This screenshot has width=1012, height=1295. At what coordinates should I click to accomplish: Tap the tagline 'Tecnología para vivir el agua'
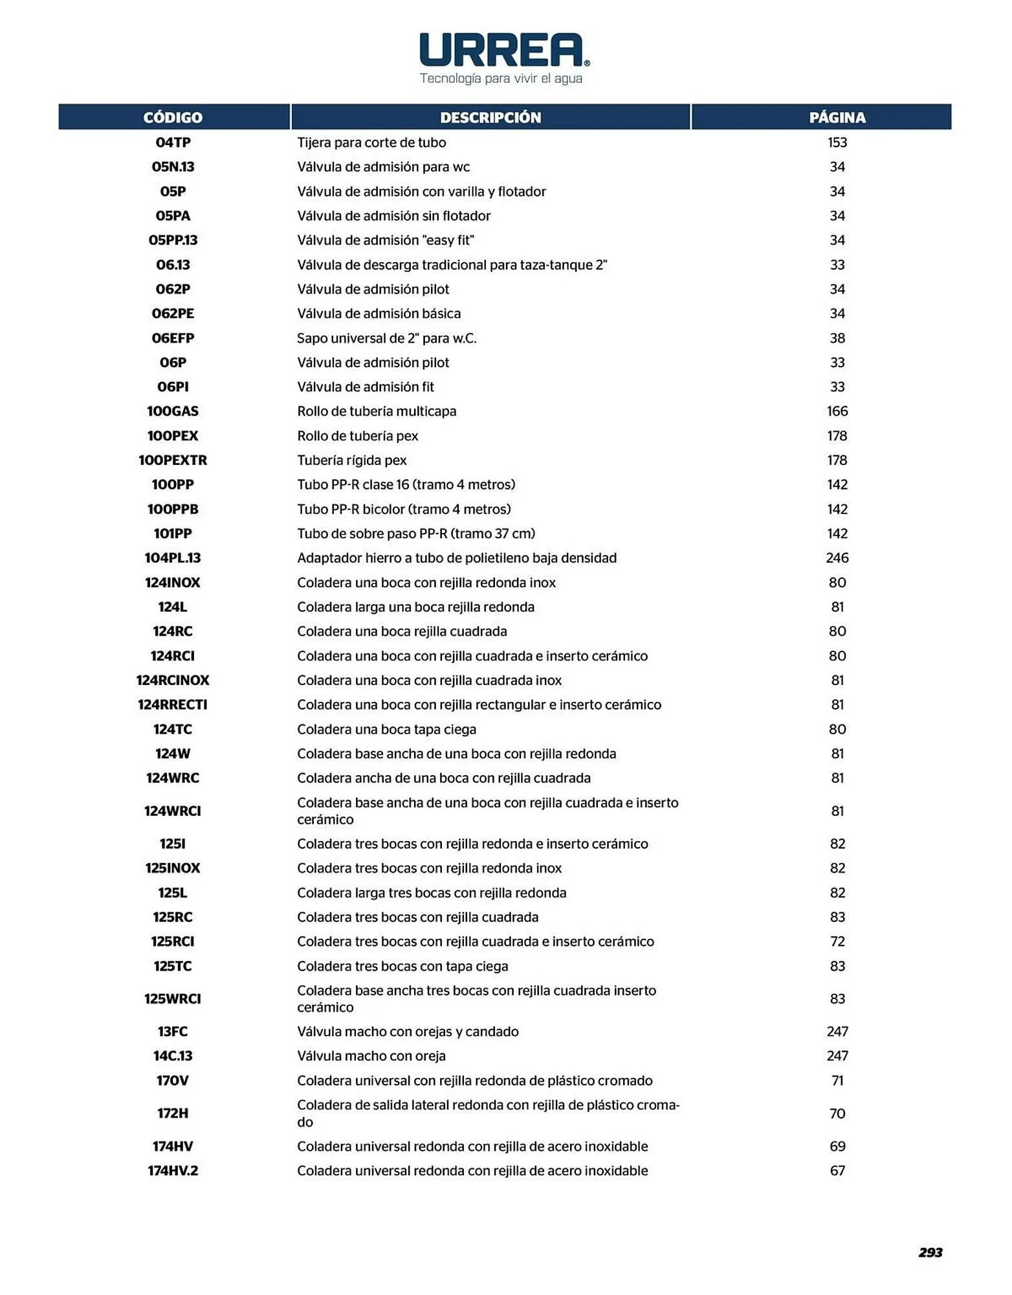pos(501,79)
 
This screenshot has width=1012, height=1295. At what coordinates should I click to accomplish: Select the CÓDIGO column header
pos(173,117)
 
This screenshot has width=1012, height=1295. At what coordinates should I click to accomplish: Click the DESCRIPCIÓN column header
pos(490,117)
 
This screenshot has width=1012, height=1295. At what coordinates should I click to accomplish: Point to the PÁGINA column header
pos(837,117)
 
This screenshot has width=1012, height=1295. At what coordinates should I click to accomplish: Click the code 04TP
pos(173,142)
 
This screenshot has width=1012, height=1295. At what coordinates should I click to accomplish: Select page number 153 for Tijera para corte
pos(837,142)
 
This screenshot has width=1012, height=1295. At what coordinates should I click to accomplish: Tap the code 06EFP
pos(173,338)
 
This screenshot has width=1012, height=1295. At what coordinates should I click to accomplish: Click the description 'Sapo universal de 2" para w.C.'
pos(386,338)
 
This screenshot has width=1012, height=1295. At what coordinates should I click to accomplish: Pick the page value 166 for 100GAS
pos(837,411)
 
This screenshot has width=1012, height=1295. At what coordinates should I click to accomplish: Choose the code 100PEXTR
pos(173,460)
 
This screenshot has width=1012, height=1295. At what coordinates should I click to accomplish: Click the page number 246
pos(837,558)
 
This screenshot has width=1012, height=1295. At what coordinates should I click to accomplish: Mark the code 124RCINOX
pos(173,681)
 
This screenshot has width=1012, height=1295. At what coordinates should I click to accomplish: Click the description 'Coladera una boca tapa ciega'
pos(386,730)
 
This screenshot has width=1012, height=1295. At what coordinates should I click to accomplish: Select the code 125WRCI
pos(173,999)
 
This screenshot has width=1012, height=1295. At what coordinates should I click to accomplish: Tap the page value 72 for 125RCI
pos(837,941)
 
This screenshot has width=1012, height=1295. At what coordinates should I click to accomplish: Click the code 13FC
pos(173,1031)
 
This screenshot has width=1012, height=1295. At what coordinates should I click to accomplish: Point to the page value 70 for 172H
pos(837,1114)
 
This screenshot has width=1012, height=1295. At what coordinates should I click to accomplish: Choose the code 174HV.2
pos(173,1171)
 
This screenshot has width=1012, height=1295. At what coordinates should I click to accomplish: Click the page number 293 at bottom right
pos(930,1252)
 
